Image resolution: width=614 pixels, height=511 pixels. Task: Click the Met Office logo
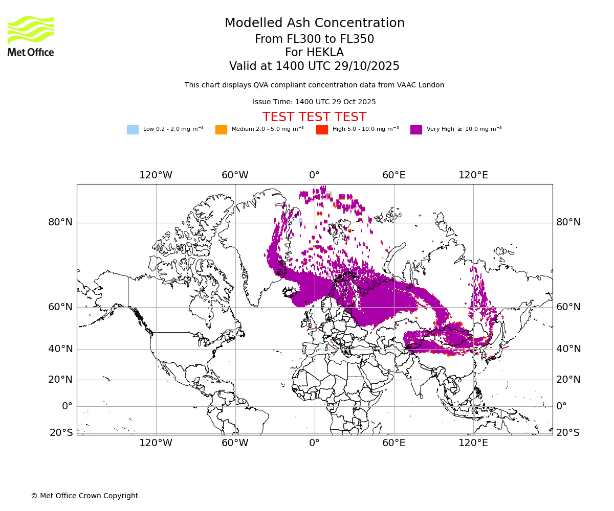coord(31,36)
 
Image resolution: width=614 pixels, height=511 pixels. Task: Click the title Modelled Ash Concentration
coord(314,24)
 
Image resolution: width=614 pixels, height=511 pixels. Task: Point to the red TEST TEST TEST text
coord(314,117)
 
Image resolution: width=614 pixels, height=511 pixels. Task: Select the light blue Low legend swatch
coord(133,130)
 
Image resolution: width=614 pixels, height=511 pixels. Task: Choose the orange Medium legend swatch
coord(221,130)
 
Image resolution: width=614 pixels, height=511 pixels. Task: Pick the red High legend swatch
coord(322,130)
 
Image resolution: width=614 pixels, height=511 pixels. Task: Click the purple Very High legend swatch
coord(416,130)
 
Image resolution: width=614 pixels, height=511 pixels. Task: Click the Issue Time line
coord(314,102)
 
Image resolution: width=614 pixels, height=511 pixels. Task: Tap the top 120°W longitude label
coord(156,175)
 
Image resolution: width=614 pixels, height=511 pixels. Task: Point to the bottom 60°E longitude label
coord(393,443)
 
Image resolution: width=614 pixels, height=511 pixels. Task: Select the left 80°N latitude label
coord(60,222)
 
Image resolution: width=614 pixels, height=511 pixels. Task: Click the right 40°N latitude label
coord(568,349)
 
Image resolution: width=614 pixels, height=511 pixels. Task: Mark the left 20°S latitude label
coord(61,433)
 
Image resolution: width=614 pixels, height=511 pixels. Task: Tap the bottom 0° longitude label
coord(314,443)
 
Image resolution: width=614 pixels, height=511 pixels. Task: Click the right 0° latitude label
coord(562,406)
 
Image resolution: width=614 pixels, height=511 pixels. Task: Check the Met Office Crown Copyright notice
coord(84,496)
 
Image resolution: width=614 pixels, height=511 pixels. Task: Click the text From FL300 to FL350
coord(314,39)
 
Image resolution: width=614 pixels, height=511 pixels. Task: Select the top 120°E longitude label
coord(473,175)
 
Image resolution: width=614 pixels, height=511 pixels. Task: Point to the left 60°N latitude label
coord(60,307)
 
